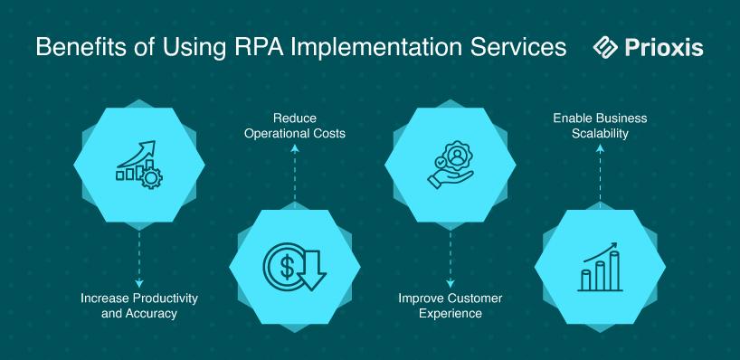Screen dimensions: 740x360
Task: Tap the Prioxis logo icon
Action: (x=605, y=47)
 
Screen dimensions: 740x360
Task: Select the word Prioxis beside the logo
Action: (x=663, y=47)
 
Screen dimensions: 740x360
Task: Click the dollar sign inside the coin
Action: (x=287, y=267)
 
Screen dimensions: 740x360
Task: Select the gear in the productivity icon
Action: (x=151, y=178)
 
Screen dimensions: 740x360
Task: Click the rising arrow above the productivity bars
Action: (x=137, y=154)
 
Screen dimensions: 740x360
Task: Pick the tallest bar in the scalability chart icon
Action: (x=614, y=270)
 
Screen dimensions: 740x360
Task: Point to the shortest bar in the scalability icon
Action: (x=585, y=280)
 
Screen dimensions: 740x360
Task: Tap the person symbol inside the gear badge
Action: (x=456, y=156)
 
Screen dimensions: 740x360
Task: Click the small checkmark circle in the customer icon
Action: (x=441, y=163)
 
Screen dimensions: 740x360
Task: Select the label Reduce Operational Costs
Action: (x=295, y=126)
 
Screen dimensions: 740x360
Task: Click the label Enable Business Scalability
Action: (x=600, y=126)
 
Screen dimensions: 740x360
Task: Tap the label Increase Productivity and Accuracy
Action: (x=138, y=305)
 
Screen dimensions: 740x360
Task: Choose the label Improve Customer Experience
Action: (x=451, y=305)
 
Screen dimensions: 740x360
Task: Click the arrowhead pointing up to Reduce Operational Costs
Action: (x=295, y=148)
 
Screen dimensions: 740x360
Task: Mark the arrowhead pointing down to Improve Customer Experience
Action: (x=451, y=283)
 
